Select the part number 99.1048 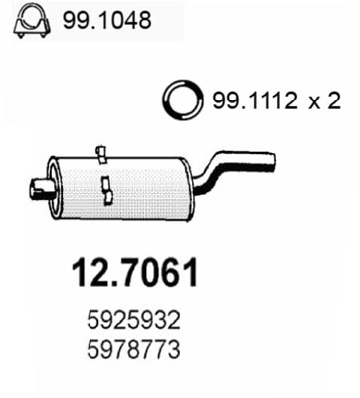(106, 20)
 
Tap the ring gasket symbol (182, 99)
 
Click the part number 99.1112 (254, 100)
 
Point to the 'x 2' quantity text (324, 101)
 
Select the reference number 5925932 (133, 321)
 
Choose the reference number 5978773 (133, 349)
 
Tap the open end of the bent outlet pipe (272, 161)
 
